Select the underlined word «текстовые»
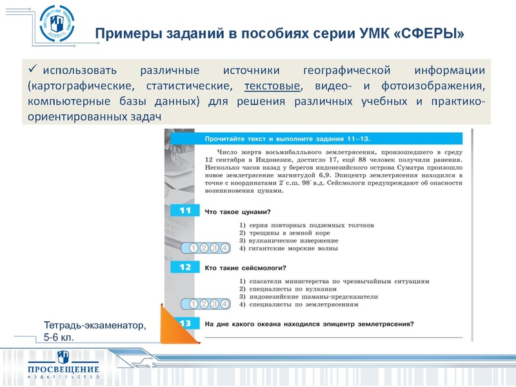[272, 86]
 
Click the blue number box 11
[184, 212]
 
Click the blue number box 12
[184, 267]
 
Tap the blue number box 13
[184, 324]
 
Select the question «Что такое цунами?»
[237, 212]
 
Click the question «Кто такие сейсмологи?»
[246, 267]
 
